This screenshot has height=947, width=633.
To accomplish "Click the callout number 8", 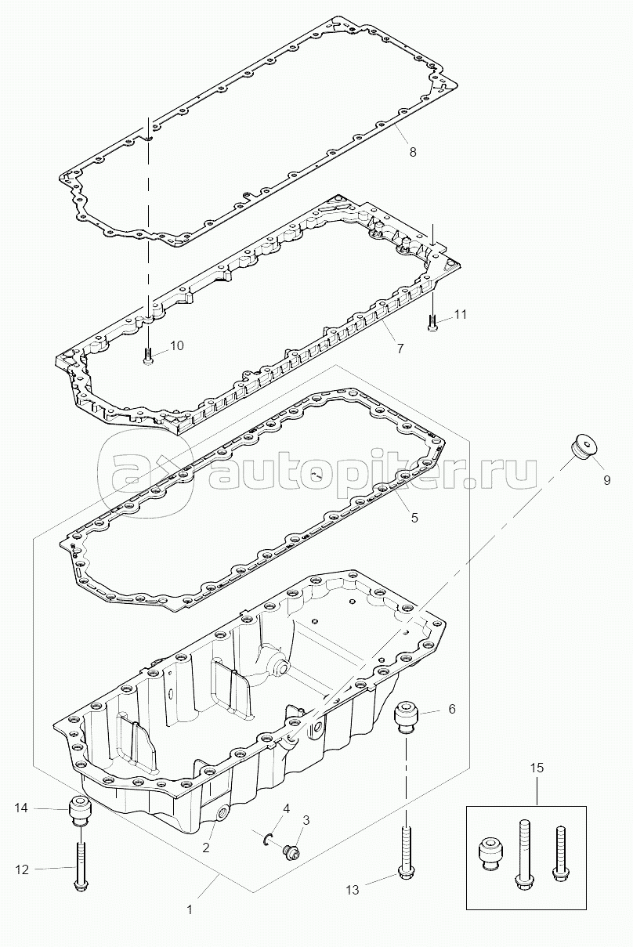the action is point(413,152).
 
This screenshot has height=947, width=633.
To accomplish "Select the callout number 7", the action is point(400,348).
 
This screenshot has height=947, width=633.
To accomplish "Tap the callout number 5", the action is point(414,517).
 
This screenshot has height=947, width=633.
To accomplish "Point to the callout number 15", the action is point(537,768).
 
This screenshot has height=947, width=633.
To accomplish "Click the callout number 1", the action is point(189,910).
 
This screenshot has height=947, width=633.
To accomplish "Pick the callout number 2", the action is point(205,847).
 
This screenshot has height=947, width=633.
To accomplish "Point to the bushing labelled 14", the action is point(78,809).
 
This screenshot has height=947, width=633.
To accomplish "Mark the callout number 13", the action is point(353,889).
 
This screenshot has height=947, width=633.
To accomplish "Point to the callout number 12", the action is point(23,868).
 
